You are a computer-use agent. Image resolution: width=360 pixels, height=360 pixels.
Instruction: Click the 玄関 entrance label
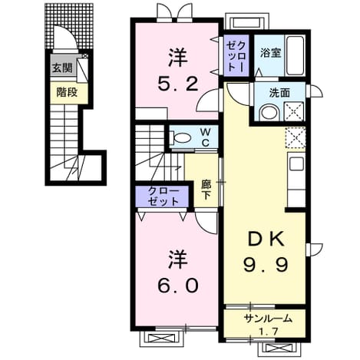(x=63, y=68)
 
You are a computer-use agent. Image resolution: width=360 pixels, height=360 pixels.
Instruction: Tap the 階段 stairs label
(x=67, y=92)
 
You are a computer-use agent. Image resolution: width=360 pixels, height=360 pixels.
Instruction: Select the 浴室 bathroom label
(x=271, y=53)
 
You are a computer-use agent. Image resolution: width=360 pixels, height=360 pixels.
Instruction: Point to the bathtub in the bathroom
(x=295, y=55)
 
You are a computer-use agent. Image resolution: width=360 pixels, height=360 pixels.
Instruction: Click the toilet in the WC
(x=180, y=137)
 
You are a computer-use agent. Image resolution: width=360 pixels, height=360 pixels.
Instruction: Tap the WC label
(x=206, y=137)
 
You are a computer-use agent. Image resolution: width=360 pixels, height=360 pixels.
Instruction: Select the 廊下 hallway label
(x=206, y=190)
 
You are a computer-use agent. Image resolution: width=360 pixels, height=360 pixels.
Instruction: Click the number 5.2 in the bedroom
(x=178, y=84)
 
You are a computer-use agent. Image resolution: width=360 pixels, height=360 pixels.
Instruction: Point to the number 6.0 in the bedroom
(x=178, y=286)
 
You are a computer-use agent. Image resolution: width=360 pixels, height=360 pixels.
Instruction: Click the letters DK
(x=266, y=239)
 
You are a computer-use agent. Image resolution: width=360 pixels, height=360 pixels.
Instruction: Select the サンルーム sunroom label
(x=268, y=319)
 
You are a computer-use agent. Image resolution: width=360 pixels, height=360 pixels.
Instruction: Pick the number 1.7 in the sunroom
(x=269, y=332)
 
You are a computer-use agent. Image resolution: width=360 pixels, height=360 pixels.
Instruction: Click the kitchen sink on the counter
(x=297, y=164)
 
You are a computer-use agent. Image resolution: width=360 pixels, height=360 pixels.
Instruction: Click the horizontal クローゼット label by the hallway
(x=162, y=197)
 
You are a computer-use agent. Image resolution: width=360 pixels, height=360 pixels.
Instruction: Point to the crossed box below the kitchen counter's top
(x=295, y=137)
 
